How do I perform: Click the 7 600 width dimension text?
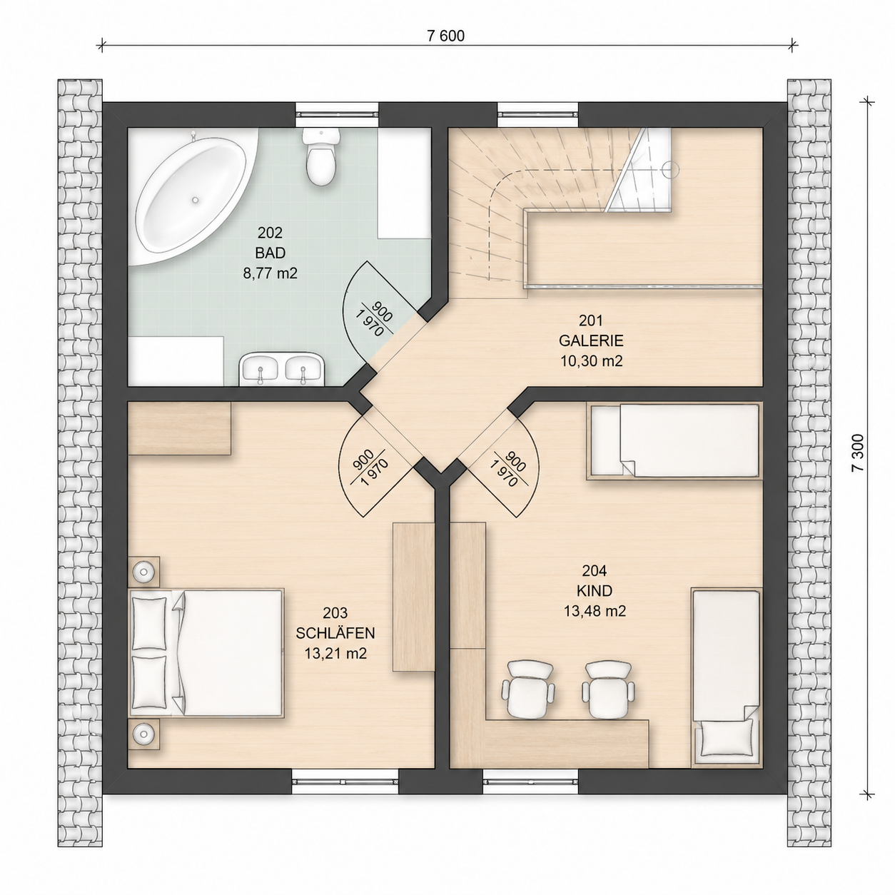(445, 36)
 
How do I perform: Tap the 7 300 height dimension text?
(859, 452)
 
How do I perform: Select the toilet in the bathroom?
(320, 156)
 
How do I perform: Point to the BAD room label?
(270, 253)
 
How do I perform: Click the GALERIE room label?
(591, 340)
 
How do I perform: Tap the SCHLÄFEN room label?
(335, 633)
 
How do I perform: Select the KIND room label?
(595, 591)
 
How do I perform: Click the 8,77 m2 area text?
(270, 273)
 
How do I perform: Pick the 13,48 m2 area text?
(595, 611)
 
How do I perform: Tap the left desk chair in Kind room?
(527, 689)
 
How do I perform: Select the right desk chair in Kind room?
(608, 689)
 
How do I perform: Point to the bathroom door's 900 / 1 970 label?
(375, 319)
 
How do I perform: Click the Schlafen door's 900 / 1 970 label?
(370, 467)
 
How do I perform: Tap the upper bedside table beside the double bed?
(143, 571)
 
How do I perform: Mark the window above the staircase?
(538, 113)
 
